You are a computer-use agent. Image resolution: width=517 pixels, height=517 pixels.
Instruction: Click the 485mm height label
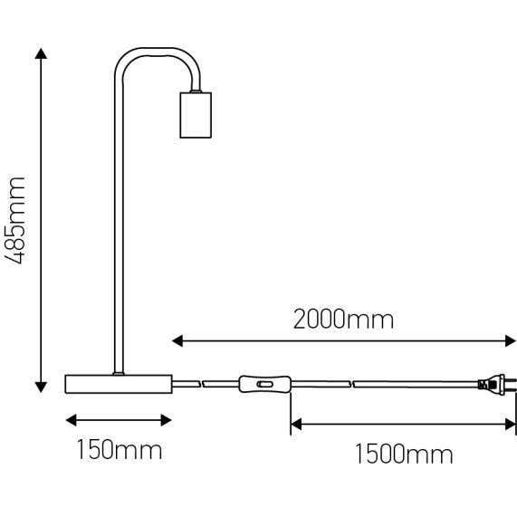click(x=15, y=221)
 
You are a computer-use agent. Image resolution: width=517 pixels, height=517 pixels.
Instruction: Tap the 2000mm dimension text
click(x=343, y=319)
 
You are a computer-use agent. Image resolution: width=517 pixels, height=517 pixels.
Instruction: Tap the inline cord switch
click(x=263, y=386)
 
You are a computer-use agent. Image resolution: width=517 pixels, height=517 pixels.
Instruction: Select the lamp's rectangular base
click(x=119, y=384)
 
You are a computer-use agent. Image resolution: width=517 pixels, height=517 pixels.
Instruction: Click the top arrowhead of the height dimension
click(x=41, y=55)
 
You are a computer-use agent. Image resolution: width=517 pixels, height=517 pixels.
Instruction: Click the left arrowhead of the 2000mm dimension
click(x=177, y=341)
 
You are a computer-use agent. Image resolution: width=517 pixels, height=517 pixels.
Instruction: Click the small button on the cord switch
click(x=265, y=386)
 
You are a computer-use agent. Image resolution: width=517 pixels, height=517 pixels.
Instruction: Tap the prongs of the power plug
click(x=509, y=386)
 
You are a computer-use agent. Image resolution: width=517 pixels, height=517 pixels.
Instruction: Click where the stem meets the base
click(x=116, y=372)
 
